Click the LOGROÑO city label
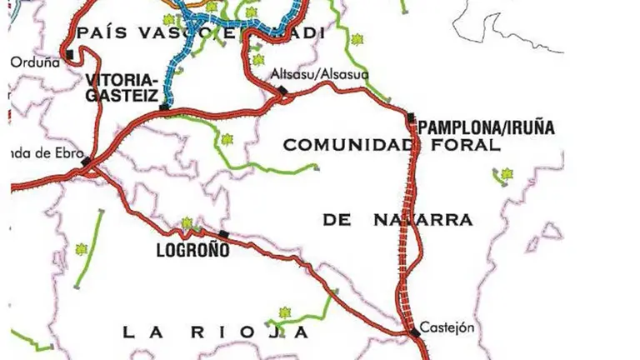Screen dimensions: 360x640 point(192,248)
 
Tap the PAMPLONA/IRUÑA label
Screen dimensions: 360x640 point(486,128)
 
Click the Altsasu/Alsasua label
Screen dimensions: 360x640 point(320,75)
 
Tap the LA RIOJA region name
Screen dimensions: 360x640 point(216,332)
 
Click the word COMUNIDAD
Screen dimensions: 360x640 point(345,145)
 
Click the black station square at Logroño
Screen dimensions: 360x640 point(223,234)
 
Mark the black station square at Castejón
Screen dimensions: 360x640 point(415,333)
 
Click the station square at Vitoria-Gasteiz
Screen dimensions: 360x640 point(164,107)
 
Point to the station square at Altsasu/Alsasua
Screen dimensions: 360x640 point(282,90)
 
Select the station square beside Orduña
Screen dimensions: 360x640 point(70,53)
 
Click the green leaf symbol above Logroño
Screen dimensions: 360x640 point(187,222)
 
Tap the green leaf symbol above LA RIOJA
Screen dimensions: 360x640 point(282,313)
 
